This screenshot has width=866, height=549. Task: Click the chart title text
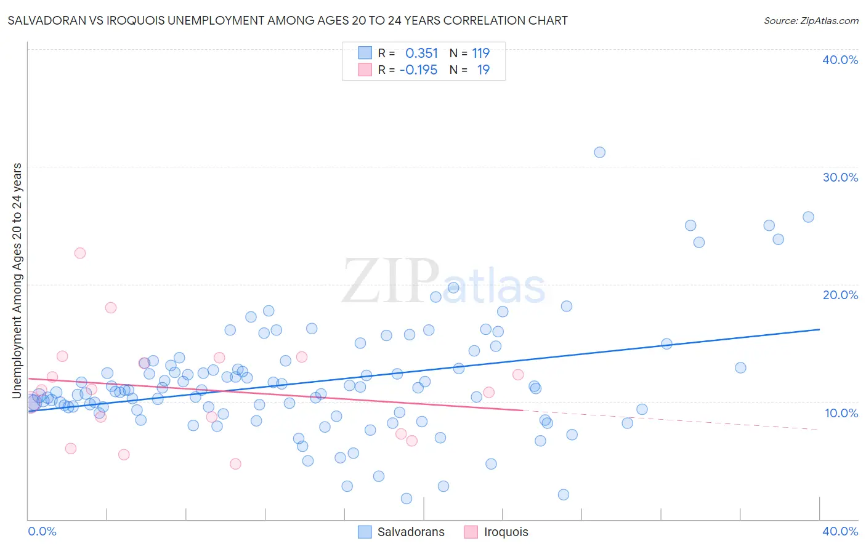tap(288, 21)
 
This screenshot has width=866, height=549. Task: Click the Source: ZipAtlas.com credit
tap(811, 21)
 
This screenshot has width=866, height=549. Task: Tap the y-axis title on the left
tap(17, 280)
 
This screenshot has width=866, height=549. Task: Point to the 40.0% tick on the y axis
tap(840, 60)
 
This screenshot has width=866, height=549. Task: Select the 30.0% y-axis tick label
tap(840, 177)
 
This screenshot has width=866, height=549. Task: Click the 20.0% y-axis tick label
tap(840, 295)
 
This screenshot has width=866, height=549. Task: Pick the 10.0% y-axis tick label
tap(841, 413)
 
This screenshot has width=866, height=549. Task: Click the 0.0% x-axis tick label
tap(42, 531)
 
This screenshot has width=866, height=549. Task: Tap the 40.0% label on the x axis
tap(840, 531)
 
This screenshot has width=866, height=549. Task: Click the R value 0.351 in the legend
tap(421, 54)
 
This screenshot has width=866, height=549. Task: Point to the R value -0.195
tap(418, 70)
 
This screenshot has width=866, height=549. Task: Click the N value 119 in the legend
tap(480, 54)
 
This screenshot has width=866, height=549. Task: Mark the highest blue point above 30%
tap(599, 152)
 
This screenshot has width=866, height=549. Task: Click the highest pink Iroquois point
tap(80, 253)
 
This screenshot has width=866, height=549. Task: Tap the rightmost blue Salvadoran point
tap(808, 217)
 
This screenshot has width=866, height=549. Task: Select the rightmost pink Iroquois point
tap(518, 375)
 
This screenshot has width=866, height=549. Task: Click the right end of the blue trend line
tap(819, 329)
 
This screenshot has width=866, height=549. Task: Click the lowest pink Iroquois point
tap(235, 464)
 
